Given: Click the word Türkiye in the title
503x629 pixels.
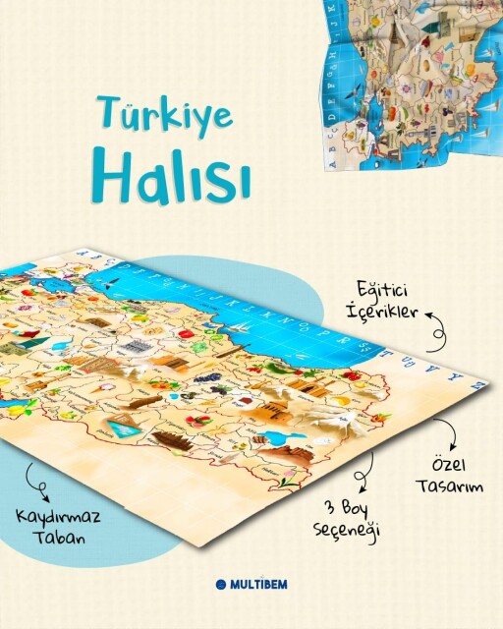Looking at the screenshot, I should (164, 116).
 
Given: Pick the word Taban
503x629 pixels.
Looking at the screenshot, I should (54, 540).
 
